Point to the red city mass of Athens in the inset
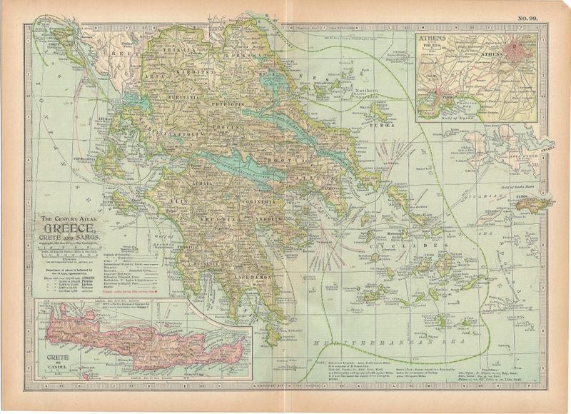click(x=517, y=52)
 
